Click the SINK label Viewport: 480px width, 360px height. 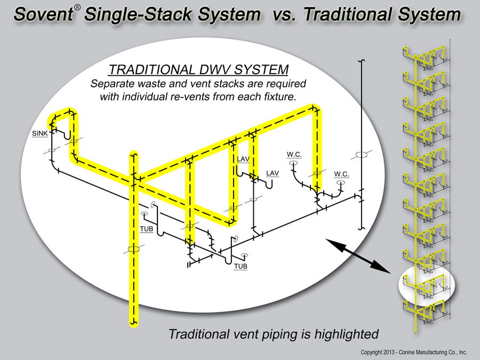pos(40,133)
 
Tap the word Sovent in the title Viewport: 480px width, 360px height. pos(43,14)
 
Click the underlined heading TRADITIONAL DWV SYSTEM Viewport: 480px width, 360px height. pos(198,69)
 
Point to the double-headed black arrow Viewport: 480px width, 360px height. pos(358,256)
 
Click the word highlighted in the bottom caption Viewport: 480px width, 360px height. pos(347,334)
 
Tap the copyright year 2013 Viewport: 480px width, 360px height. pos(388,353)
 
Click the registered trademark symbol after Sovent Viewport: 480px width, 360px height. pos(77,7)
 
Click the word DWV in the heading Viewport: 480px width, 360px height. pos(215,69)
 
